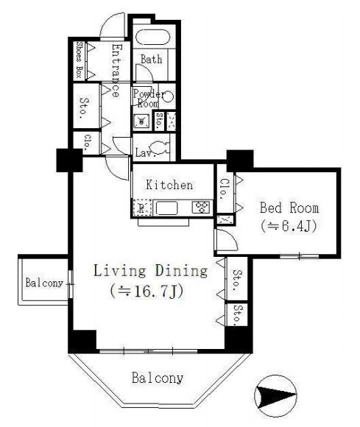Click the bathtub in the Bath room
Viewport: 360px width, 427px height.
click(x=153, y=37)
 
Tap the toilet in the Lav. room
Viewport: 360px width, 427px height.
click(x=159, y=148)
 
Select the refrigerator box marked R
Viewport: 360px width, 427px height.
click(x=141, y=208)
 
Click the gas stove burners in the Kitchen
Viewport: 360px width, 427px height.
click(x=201, y=207)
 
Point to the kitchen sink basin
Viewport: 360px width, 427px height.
click(x=166, y=208)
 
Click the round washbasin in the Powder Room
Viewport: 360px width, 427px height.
click(x=169, y=96)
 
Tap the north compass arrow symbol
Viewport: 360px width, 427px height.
click(x=275, y=395)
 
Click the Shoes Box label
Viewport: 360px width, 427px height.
click(x=80, y=60)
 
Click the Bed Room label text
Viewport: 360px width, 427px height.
click(x=289, y=208)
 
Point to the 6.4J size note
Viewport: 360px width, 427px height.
click(x=289, y=226)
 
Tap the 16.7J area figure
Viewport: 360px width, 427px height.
click(x=147, y=291)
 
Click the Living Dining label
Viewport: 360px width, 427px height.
click(x=151, y=271)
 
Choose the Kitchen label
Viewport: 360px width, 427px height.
click(x=169, y=185)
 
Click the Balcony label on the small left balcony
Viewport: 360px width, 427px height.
click(x=44, y=283)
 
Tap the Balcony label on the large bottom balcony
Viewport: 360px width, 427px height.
click(x=158, y=378)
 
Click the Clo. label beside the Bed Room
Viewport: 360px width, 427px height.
click(x=225, y=189)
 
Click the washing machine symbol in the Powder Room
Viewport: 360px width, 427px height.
click(x=141, y=121)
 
